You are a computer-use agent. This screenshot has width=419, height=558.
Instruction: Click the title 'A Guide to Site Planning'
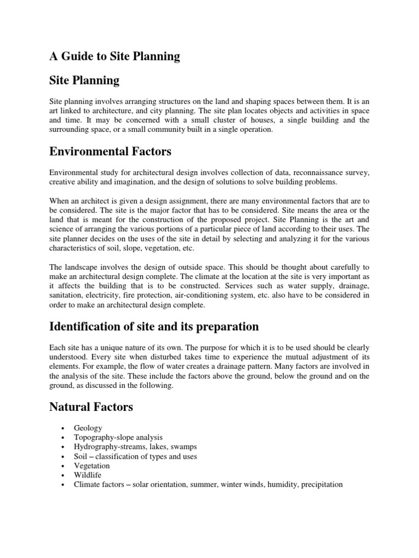click(115, 56)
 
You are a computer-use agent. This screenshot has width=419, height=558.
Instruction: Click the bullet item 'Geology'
click(88, 428)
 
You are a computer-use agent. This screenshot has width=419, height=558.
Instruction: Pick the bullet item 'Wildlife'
click(88, 475)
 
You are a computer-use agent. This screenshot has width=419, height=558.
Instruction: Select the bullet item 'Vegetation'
click(92, 465)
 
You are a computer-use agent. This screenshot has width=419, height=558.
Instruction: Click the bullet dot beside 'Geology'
click(64, 429)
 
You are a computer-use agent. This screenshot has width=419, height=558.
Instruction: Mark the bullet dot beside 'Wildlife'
click(64, 475)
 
